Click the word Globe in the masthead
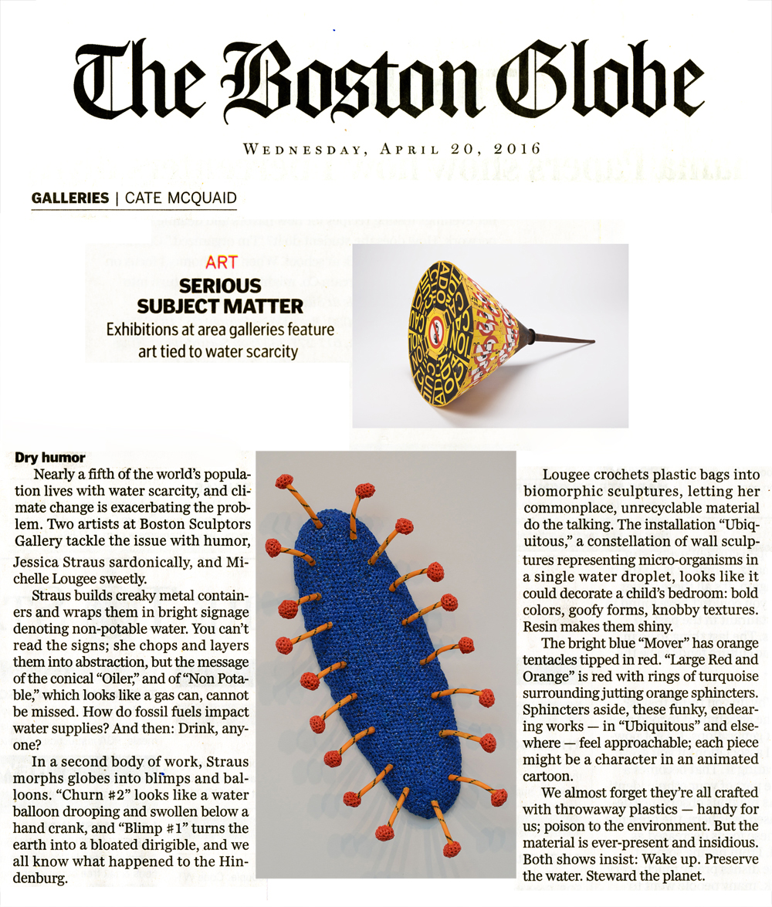coord(595,83)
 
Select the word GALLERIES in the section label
coord(69,198)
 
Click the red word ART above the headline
coord(222,263)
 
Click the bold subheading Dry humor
coord(50,458)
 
